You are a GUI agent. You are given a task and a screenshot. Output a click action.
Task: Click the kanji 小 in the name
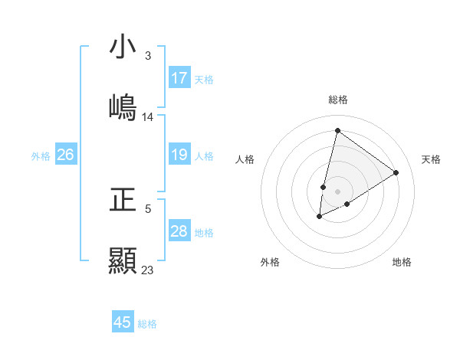(x=123, y=47)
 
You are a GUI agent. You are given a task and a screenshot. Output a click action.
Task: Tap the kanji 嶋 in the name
(x=123, y=108)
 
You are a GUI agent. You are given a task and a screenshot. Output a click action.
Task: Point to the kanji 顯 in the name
(x=123, y=260)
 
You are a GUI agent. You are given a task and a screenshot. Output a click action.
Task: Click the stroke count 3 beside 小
(x=147, y=56)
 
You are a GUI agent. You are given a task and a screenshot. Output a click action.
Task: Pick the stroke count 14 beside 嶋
(x=148, y=117)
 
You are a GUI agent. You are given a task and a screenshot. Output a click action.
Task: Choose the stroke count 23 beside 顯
(x=148, y=270)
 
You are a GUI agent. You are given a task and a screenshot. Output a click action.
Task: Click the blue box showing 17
(x=179, y=78)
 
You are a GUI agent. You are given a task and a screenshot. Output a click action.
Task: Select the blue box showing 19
(x=179, y=155)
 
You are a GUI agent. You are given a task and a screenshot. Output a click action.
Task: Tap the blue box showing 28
(x=179, y=231)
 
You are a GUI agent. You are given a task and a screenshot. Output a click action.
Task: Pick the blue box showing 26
(x=65, y=155)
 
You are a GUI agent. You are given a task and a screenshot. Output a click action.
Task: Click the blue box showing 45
(x=123, y=322)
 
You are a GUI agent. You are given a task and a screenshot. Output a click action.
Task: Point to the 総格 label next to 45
(x=147, y=324)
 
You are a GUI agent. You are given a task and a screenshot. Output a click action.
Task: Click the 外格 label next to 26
(x=41, y=156)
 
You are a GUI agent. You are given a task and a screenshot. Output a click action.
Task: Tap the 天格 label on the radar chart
(x=431, y=159)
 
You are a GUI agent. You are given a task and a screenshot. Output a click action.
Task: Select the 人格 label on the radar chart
(x=245, y=159)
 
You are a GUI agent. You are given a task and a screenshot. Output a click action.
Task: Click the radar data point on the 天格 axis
(x=396, y=172)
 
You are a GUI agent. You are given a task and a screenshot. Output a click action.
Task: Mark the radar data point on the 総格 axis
(x=337, y=130)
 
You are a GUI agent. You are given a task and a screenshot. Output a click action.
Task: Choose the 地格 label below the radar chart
(x=402, y=262)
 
